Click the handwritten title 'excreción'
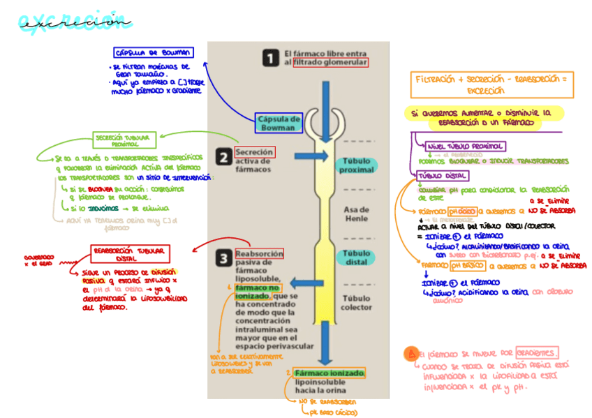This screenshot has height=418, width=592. tap(75, 22)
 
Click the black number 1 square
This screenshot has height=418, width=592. tap(271, 58)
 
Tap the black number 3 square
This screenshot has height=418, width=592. tap(223, 258)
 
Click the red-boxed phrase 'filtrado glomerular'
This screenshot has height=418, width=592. tap(330, 63)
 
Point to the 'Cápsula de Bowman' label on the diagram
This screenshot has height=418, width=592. tap(279, 123)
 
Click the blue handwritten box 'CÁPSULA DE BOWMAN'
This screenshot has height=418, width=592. tap(154, 53)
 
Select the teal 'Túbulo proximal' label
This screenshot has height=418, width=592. tap(356, 165)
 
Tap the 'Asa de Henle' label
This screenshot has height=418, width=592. tap(356, 214)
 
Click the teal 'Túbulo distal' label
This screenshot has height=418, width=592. tap(357, 257)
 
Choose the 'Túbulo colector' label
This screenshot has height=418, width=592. tap(357, 302)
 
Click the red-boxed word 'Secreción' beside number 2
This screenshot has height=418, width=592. tap(254, 152)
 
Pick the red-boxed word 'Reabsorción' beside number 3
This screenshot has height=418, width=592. tap(259, 254)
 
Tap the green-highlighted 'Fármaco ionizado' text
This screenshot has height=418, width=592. tap(330, 374)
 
